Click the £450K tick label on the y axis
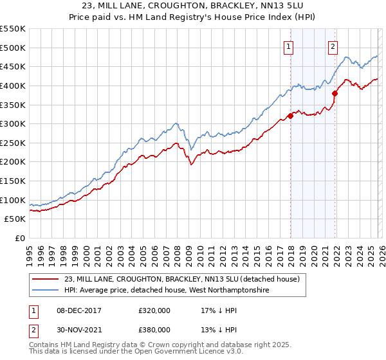pyautogui.click(x=13, y=66)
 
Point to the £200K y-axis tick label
pyautogui.click(x=13, y=162)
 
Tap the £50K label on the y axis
pyautogui.click(x=15, y=219)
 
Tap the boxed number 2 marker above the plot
pyautogui.click(x=333, y=46)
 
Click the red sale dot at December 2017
pyautogui.click(x=290, y=116)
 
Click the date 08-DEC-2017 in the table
pyautogui.click(x=77, y=310)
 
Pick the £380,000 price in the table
pyautogui.click(x=154, y=329)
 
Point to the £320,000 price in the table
pyautogui.click(x=154, y=310)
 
